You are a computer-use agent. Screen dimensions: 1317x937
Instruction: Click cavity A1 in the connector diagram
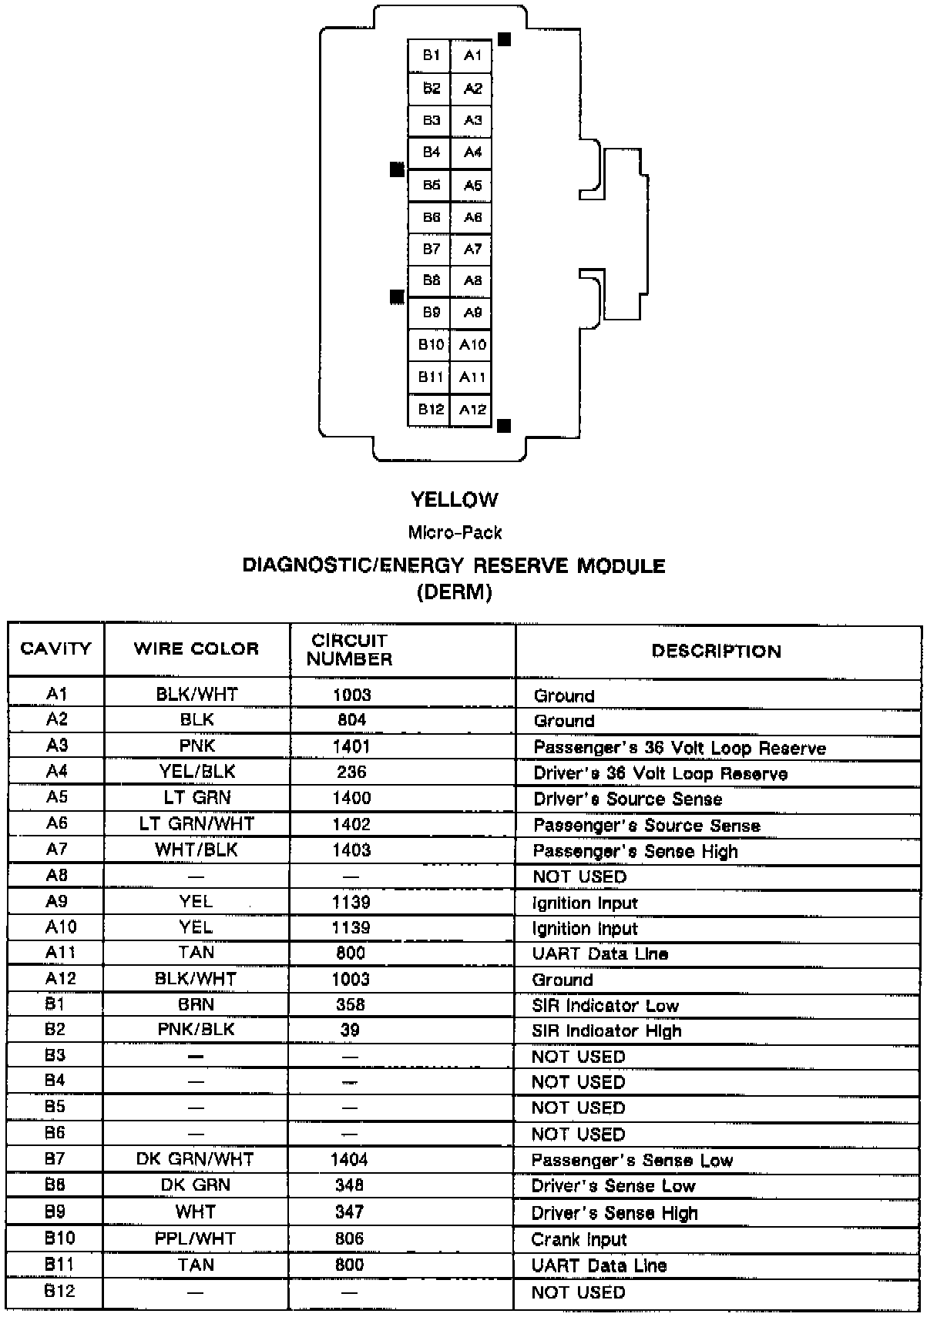coord(472,55)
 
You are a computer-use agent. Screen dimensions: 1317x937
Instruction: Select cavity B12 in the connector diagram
coord(431,409)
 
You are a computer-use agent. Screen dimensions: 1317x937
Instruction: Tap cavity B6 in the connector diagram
coord(431,217)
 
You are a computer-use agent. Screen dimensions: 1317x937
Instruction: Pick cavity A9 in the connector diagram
coord(472,313)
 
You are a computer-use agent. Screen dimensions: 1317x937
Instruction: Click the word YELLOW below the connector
coord(455,500)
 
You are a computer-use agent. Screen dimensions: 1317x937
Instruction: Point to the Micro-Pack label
coord(455,532)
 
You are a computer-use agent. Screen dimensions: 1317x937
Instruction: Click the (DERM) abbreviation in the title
coord(455,592)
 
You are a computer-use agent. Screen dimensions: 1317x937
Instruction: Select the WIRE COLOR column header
coord(196,648)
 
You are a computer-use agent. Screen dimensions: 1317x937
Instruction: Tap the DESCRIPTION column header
coord(716,652)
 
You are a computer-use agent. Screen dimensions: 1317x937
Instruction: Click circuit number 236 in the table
coord(351,772)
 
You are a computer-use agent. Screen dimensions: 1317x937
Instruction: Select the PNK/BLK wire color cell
coord(196,1030)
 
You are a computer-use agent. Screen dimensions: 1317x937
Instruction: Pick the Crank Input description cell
coord(579,1239)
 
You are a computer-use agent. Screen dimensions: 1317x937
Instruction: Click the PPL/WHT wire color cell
coord(196,1238)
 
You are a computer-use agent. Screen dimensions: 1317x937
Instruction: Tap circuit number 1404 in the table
coord(349,1159)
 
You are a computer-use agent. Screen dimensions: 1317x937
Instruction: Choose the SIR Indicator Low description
coord(605,1005)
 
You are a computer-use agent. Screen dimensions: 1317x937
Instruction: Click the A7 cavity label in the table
coord(57,850)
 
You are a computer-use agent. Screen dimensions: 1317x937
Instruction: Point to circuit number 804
coord(351,720)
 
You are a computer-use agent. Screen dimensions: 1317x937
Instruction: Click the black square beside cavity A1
coord(505,39)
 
